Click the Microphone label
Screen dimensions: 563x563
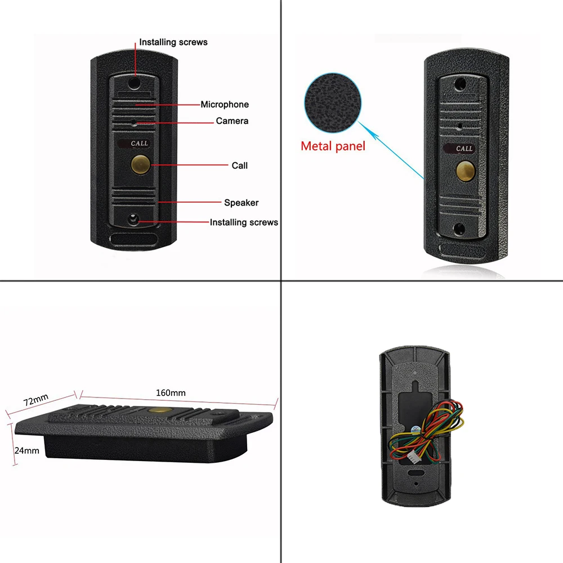pyautogui.click(x=225, y=105)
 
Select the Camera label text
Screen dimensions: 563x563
pyautogui.click(x=232, y=121)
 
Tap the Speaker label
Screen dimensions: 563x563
pyautogui.click(x=242, y=203)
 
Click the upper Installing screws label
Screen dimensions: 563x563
pyautogui.click(x=173, y=42)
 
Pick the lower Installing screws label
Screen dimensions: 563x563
pyautogui.click(x=244, y=222)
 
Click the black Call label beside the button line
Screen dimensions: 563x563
pyautogui.click(x=240, y=166)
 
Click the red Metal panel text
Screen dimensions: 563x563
pyautogui.click(x=333, y=146)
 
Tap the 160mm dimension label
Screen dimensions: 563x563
pyautogui.click(x=171, y=392)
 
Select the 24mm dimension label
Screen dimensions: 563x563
pyautogui.click(x=27, y=450)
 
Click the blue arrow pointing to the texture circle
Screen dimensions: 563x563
pyautogui.click(x=391, y=149)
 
